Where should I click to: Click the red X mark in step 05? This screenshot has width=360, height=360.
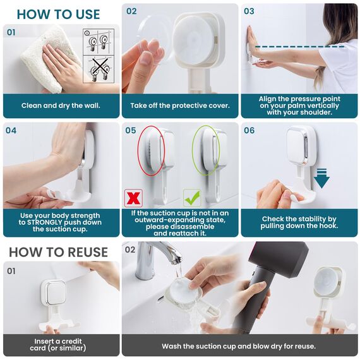pyautogui.click(x=133, y=198)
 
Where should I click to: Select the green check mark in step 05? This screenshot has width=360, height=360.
pyautogui.click(x=191, y=198)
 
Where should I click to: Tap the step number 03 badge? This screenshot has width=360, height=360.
pyautogui.click(x=249, y=11)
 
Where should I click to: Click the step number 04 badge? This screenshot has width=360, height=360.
pyautogui.click(x=11, y=131)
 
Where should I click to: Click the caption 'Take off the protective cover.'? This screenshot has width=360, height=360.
pyautogui.click(x=180, y=105)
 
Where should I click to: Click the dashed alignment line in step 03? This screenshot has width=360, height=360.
pyautogui.click(x=297, y=46)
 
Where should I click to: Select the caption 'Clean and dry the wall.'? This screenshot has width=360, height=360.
pyautogui.click(x=61, y=105)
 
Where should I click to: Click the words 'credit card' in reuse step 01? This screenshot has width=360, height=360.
pyautogui.click(x=62, y=345)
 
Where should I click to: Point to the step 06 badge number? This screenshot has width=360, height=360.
pyautogui.click(x=249, y=131)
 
